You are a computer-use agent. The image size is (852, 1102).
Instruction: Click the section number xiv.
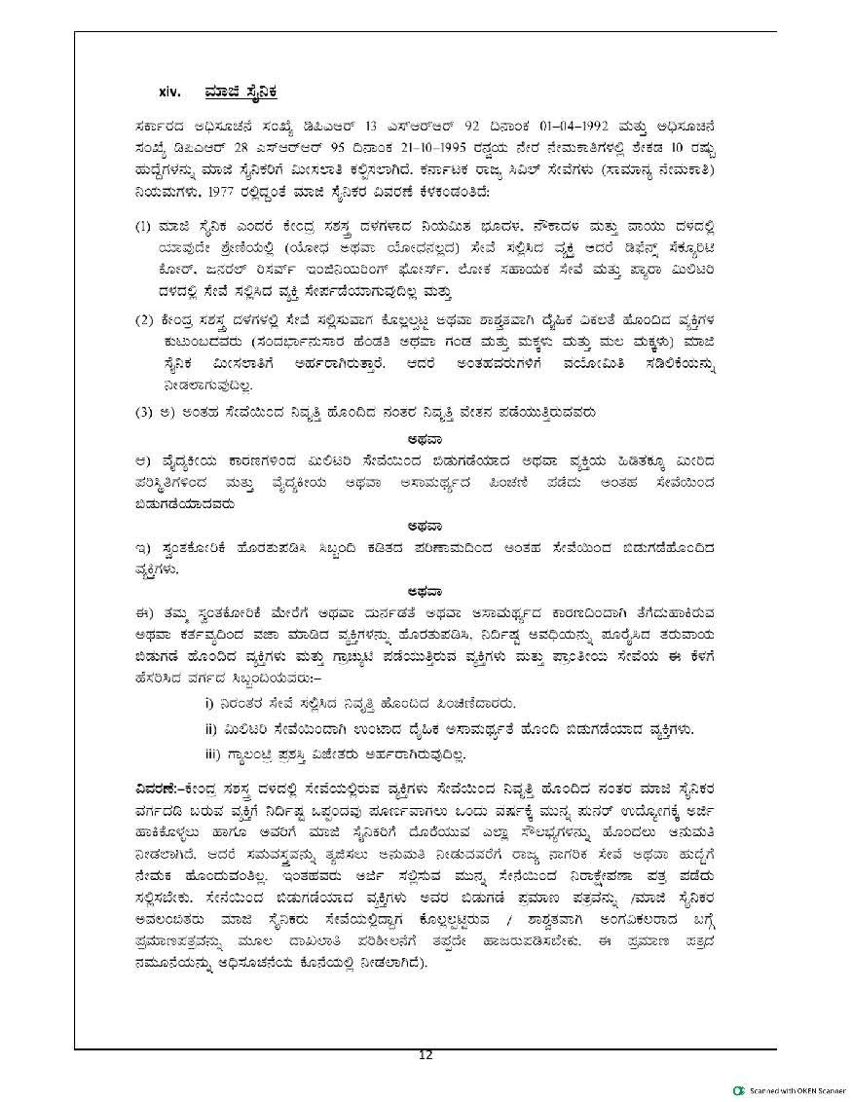(170, 92)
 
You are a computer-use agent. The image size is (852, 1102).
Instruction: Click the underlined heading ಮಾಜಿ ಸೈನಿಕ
(241, 92)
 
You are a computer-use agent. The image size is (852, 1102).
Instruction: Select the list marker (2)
(144, 321)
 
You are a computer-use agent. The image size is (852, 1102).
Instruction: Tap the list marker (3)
(144, 413)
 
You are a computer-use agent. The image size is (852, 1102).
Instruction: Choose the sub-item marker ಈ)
(143, 611)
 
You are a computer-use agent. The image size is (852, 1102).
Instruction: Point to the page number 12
(425, 1055)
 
